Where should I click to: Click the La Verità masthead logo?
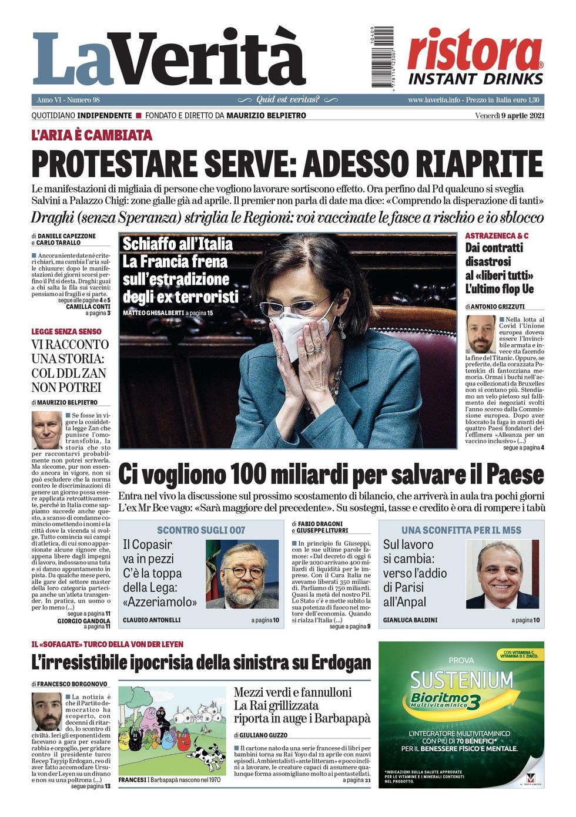coord(169,59)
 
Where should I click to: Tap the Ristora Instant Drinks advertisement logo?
coord(475,59)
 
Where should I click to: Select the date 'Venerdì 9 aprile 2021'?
coord(510,116)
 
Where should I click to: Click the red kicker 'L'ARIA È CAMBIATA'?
coord(92,136)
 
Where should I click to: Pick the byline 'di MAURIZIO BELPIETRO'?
coord(65,402)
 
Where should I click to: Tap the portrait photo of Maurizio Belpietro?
coord(46,431)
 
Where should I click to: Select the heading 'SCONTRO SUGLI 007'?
coord(201,530)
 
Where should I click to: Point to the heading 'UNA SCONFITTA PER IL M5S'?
coord(461,530)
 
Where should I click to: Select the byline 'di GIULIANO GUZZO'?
coord(262,735)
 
